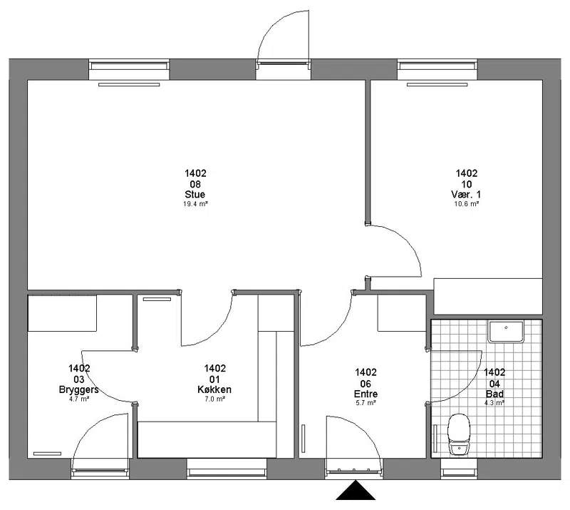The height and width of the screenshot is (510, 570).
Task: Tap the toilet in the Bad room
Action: coord(459,434)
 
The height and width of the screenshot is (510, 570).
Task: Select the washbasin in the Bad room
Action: coord(507,332)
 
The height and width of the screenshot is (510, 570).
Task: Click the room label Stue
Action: coord(195,194)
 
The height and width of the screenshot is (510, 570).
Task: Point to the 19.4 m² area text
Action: coord(195,204)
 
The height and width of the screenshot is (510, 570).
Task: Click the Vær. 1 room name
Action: coord(467,194)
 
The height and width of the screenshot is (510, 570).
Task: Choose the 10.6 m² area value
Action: coord(467,204)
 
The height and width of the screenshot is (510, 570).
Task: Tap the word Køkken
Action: coord(214,389)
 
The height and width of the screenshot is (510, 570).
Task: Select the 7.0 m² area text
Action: coord(214,399)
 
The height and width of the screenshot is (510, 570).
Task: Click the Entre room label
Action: coord(366,394)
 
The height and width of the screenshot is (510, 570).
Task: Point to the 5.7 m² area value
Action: coord(366,403)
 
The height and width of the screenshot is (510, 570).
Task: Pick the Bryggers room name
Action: coord(79,389)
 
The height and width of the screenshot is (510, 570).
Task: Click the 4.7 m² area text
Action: coord(79,399)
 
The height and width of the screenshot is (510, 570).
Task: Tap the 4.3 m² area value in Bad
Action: coord(494,403)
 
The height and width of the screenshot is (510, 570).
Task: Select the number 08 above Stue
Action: coord(195,184)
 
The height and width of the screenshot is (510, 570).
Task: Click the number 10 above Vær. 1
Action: coord(467,184)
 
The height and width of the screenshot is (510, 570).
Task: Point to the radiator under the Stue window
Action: coord(129,84)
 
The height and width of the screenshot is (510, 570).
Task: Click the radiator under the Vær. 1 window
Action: coord(437,84)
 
